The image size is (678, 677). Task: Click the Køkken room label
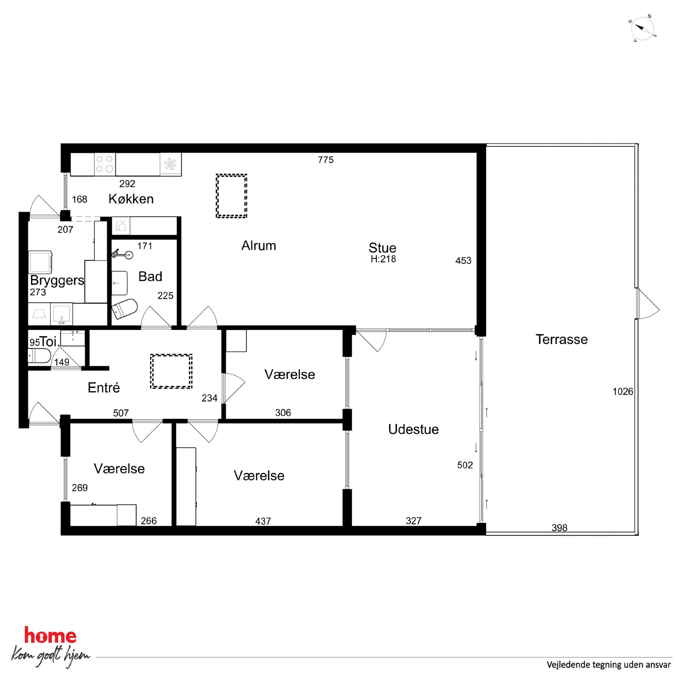click(x=131, y=199)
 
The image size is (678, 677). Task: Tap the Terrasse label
click(x=561, y=339)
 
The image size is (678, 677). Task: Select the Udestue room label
click(x=413, y=429)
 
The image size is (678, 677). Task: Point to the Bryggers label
click(x=57, y=280)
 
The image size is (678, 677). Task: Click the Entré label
click(x=104, y=387)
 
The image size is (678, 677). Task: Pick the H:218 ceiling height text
click(x=383, y=259)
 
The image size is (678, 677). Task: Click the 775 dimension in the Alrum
click(x=326, y=160)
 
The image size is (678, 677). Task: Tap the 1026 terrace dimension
click(x=623, y=391)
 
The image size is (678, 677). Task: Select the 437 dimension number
click(x=263, y=521)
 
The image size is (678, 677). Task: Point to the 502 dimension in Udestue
click(x=465, y=465)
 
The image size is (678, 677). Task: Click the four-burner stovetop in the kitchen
click(x=105, y=164)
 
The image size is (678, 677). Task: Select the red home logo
click(x=50, y=635)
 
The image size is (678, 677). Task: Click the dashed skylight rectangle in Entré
click(x=171, y=371)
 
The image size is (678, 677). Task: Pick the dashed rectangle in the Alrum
click(x=231, y=196)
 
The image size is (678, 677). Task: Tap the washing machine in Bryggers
click(x=40, y=262)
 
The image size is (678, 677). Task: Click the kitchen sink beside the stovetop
click(x=171, y=164)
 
